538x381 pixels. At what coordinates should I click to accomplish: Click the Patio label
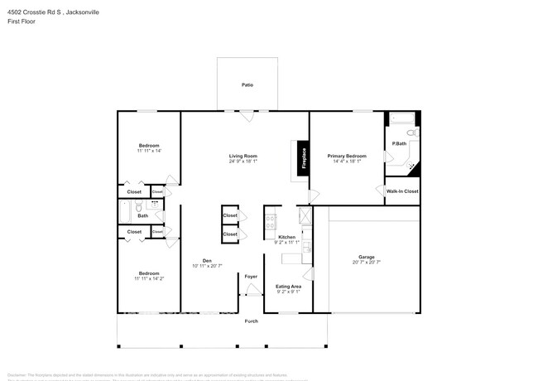pyautogui.click(x=247, y=85)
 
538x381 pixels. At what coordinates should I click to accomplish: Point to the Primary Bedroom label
pyautogui.click(x=346, y=156)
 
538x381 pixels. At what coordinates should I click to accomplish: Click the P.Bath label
pyautogui.click(x=399, y=144)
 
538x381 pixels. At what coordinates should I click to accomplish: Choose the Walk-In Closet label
pyautogui.click(x=402, y=191)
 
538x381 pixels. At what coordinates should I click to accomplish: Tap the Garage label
pyautogui.click(x=367, y=257)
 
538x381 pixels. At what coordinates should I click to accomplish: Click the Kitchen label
pyautogui.click(x=286, y=237)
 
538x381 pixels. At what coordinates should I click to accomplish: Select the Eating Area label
pyautogui.click(x=288, y=287)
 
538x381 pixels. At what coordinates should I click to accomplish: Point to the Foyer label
pyautogui.click(x=251, y=276)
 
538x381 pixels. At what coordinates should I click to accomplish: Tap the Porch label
pyautogui.click(x=251, y=321)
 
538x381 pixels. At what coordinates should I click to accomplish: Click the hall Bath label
pyautogui.click(x=143, y=216)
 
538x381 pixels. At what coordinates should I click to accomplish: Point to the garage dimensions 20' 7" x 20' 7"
pyautogui.click(x=367, y=263)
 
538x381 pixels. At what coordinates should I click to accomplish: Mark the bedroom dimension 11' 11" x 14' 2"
pyautogui.click(x=149, y=279)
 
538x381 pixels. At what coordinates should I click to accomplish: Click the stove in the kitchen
pyautogui.click(x=270, y=221)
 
